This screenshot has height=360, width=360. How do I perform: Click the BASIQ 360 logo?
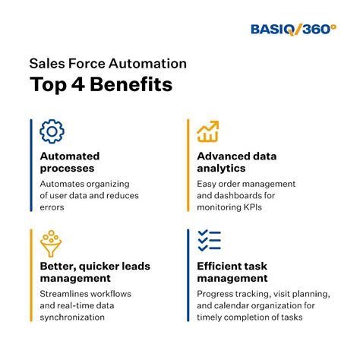coord(293,29)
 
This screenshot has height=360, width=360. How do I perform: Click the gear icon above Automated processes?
coord(52,131)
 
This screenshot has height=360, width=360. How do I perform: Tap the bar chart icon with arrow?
coord(208,131)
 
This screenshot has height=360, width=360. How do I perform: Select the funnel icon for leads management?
coord(52,241)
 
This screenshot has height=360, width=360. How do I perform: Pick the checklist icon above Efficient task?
coord(208,241)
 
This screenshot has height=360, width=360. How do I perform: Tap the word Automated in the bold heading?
coord(69,156)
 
